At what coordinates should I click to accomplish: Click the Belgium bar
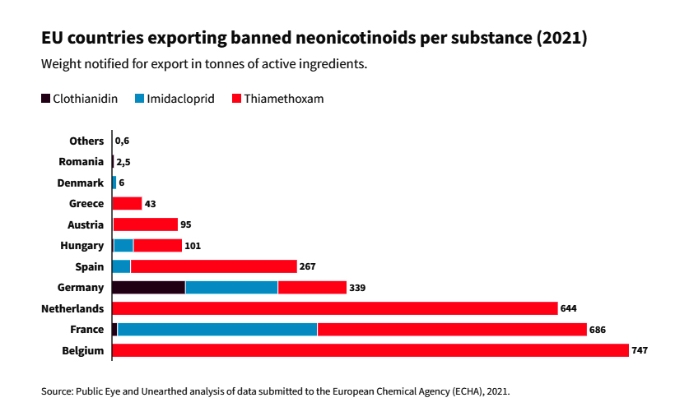click(x=370, y=350)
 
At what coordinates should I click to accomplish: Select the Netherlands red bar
click(x=335, y=308)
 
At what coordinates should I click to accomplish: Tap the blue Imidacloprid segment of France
click(x=217, y=330)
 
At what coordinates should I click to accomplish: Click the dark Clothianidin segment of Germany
click(x=148, y=288)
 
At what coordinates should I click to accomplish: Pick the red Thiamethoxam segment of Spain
click(x=214, y=266)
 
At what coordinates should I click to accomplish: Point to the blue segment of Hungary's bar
click(x=123, y=245)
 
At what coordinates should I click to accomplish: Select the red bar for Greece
click(x=127, y=203)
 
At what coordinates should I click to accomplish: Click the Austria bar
click(x=145, y=224)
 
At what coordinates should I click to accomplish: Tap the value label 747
click(x=640, y=351)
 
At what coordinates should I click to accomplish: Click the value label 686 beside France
click(x=598, y=330)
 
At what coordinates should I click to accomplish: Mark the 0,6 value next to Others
click(x=122, y=141)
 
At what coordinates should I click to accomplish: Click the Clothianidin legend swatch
click(x=46, y=99)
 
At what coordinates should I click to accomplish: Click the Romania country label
click(x=81, y=162)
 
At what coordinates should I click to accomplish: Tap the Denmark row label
click(x=81, y=183)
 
